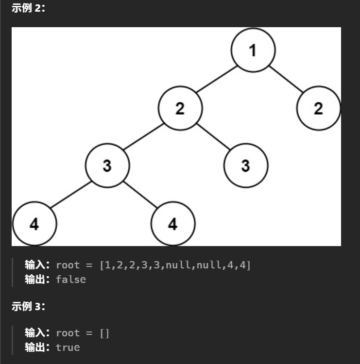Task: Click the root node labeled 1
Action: (x=253, y=50)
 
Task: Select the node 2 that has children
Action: (x=180, y=108)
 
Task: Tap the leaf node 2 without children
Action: (x=318, y=108)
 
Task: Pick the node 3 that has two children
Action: (x=107, y=166)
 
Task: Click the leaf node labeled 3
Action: (x=245, y=166)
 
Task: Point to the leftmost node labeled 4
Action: (x=34, y=224)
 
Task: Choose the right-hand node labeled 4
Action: (x=172, y=224)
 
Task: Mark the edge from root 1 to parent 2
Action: (x=217, y=79)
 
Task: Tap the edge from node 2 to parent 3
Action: (x=143, y=137)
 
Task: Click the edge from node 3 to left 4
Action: (x=70, y=195)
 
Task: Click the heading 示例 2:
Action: (x=28, y=8)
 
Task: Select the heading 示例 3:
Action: (x=28, y=306)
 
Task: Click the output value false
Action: (x=71, y=279)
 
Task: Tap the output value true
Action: (x=68, y=347)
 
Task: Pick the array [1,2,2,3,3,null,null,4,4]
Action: (x=175, y=265)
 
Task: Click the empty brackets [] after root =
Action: (x=105, y=333)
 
